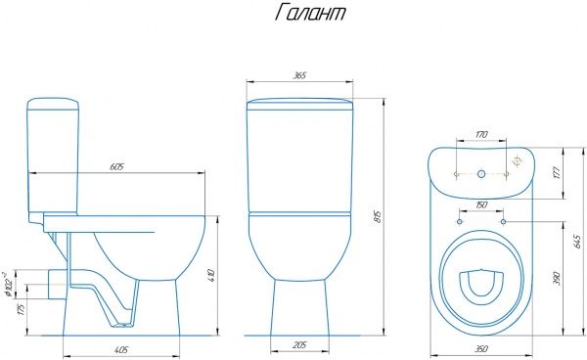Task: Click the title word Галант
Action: [x=310, y=13]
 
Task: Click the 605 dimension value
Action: [x=116, y=166]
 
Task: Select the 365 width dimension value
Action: [x=299, y=75]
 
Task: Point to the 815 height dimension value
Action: [x=378, y=216]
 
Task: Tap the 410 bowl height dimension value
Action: [x=212, y=275]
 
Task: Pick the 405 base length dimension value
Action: [x=121, y=349]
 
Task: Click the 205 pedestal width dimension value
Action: [x=299, y=344]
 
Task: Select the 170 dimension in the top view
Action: [x=481, y=134]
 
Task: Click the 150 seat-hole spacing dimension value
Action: [x=481, y=204]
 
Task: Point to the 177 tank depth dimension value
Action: [x=558, y=172]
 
